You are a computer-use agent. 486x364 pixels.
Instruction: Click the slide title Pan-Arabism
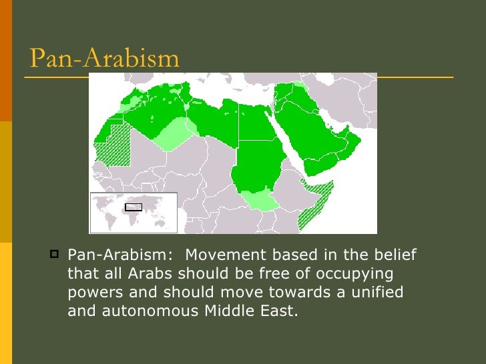point(105,58)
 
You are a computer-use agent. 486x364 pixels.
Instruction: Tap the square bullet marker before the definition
point(54,255)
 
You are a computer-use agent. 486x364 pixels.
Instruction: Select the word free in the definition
point(250,274)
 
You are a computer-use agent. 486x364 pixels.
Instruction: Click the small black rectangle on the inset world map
point(134,207)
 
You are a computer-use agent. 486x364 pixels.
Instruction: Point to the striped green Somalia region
point(314,203)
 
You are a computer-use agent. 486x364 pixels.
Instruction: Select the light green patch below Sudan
point(258,199)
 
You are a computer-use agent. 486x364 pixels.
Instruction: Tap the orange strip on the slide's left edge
point(6,60)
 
